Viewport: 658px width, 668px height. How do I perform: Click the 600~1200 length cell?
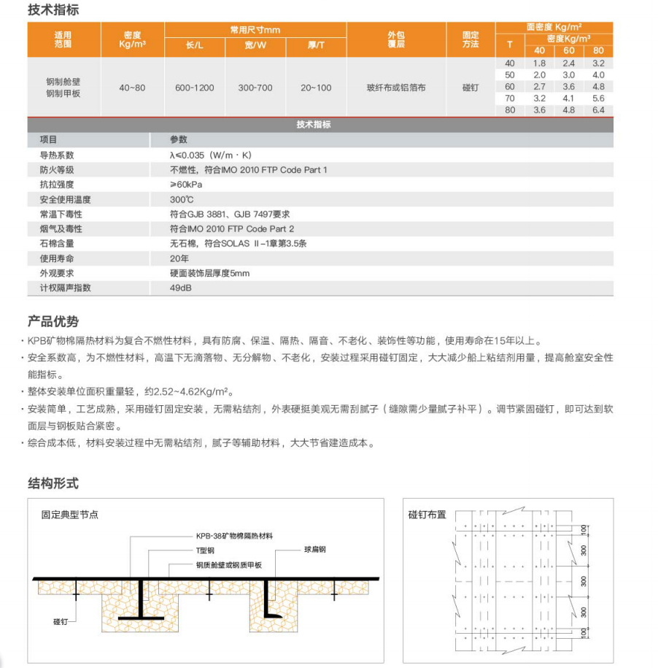coord(195,88)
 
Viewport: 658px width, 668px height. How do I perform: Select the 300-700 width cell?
coord(255,88)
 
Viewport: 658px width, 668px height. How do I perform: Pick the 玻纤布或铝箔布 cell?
coord(396,88)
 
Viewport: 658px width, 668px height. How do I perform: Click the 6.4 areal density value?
coord(599,110)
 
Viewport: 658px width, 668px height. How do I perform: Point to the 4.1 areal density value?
coord(569,99)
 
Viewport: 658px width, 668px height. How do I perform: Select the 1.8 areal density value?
coord(540,64)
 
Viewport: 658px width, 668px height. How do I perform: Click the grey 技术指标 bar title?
coord(314,125)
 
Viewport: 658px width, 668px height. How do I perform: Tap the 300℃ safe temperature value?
coord(182,199)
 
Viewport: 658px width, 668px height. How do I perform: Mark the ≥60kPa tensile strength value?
coord(185,185)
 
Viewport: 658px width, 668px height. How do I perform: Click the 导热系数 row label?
coord(57,156)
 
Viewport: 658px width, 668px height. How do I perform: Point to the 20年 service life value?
coord(179,258)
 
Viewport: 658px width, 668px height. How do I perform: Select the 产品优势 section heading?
coord(53,321)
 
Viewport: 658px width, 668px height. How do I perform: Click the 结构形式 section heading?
coord(53,483)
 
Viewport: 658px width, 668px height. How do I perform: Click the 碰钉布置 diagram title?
coord(427,514)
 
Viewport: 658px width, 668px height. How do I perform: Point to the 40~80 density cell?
coord(132,88)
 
